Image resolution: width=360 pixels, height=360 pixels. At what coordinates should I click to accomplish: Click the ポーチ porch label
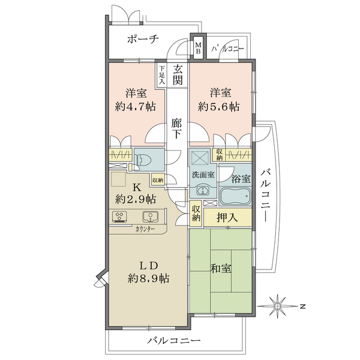click(x=143, y=39)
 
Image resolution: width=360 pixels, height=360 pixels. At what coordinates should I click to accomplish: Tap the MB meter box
click(x=198, y=47)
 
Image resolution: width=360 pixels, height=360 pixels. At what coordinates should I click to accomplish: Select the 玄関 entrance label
click(x=177, y=74)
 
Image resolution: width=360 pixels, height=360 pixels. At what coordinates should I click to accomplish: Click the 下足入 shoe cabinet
click(x=161, y=74)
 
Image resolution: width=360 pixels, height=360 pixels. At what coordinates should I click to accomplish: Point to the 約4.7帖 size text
click(x=136, y=106)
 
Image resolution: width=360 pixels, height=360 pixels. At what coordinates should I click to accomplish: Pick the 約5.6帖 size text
click(x=219, y=106)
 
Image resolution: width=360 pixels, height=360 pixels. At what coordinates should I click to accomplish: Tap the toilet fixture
click(x=143, y=160)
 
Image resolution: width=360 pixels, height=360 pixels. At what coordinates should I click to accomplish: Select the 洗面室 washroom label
click(x=203, y=175)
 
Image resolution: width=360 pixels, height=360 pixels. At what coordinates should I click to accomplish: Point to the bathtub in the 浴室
click(x=235, y=197)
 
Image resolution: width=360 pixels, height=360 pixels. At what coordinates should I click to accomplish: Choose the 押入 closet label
click(x=227, y=217)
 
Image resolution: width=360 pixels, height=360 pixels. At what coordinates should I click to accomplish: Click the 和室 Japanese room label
click(x=220, y=268)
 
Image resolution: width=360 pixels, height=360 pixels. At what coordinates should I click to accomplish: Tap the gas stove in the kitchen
click(x=119, y=217)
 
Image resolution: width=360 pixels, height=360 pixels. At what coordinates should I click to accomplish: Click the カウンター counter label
click(x=145, y=229)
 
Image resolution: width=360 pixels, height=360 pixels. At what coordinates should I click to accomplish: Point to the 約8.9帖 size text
click(x=149, y=278)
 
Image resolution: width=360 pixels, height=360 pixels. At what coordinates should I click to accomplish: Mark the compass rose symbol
click(x=278, y=306)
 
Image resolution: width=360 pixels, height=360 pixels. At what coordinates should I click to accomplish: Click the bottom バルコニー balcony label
click(x=174, y=340)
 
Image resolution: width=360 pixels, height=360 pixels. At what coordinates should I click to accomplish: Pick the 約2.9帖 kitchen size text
click(x=136, y=199)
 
